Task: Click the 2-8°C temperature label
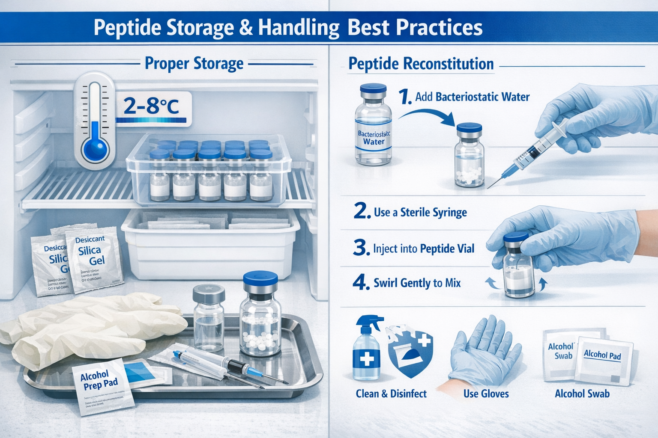[x=151, y=106]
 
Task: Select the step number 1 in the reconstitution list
[x=404, y=97]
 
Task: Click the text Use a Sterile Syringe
[x=420, y=212]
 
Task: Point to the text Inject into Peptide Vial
[x=423, y=249]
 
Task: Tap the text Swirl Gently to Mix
[x=417, y=283]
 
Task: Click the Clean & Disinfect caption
[x=391, y=394]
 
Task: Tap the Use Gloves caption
[x=486, y=394]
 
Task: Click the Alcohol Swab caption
[x=582, y=394]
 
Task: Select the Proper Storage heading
[x=194, y=63]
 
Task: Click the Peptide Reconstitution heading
[x=421, y=64]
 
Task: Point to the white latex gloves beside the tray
[x=86, y=329]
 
